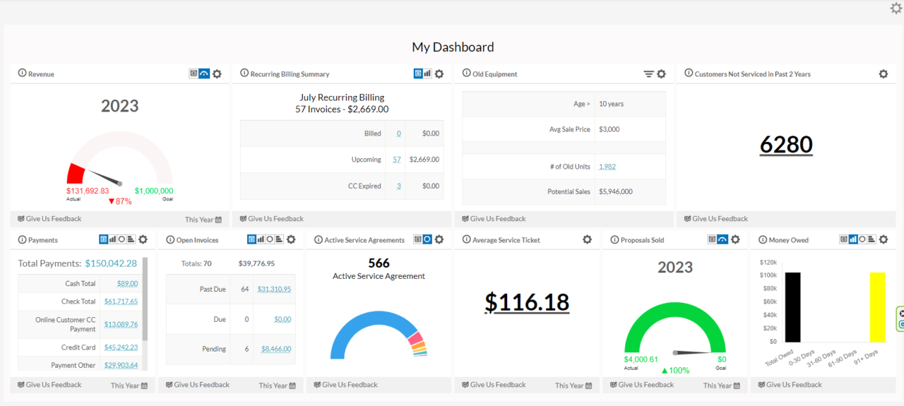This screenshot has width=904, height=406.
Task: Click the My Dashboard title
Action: [x=453, y=47]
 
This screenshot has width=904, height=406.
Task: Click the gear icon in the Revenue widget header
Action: [x=217, y=74]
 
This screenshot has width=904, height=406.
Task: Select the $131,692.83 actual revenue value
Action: [x=88, y=191]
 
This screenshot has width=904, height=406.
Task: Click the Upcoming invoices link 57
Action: [x=397, y=160]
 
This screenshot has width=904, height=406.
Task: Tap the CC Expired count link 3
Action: [x=398, y=186]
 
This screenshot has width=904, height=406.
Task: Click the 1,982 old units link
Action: [x=607, y=167]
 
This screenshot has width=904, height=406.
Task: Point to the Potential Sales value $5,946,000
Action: [x=615, y=191]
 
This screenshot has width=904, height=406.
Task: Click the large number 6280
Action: [x=786, y=144]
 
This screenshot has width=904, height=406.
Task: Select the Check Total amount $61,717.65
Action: [x=121, y=301]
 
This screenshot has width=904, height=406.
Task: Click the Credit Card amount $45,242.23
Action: [x=121, y=347]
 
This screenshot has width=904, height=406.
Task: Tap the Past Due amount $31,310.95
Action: [x=274, y=289]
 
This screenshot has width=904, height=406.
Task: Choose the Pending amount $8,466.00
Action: [x=275, y=349]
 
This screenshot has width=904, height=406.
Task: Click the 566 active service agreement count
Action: [x=379, y=263]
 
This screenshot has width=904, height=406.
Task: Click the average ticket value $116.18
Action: [x=527, y=301]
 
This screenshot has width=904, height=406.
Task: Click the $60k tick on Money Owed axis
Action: [x=768, y=301]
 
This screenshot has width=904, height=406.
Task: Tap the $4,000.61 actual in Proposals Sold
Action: [x=641, y=359]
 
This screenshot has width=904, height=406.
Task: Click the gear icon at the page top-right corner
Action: [x=896, y=8]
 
